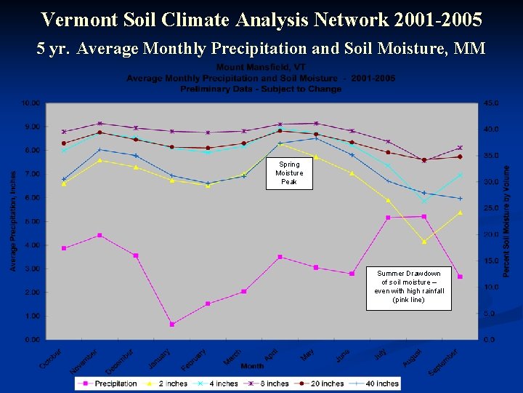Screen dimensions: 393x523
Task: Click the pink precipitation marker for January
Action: pos(172,324)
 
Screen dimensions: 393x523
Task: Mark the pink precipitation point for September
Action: pos(460,277)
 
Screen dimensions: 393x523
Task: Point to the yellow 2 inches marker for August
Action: pos(424,242)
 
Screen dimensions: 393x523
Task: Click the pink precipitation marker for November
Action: pos(100,235)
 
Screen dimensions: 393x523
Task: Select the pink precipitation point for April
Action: pos(280,257)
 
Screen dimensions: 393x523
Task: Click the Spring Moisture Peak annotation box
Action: pos(289,173)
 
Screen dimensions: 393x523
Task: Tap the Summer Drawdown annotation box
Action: pos(408,287)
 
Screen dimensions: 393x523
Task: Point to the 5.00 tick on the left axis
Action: pos(31,221)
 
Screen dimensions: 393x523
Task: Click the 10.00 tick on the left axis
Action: pos(30,103)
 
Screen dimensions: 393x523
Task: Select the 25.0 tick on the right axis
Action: pos(491,208)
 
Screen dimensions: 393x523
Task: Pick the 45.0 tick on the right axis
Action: pos(491,103)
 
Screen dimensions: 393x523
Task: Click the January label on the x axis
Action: pos(159,358)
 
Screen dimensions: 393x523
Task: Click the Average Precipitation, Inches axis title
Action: pos(12,221)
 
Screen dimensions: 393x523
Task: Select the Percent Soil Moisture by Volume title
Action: pos(507,220)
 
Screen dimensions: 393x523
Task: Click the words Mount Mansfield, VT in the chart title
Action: pos(261,67)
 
